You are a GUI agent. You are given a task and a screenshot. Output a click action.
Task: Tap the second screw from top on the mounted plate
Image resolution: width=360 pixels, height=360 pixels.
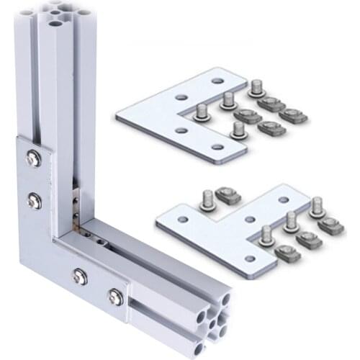pos(34,202)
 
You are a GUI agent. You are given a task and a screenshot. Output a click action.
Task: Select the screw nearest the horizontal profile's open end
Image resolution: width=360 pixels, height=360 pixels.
pos(115,295)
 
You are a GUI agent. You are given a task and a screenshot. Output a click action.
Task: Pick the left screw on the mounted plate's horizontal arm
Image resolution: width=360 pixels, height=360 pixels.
pos(79,275)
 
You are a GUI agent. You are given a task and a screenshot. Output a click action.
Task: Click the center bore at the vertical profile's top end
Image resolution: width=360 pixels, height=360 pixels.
pos(55,23)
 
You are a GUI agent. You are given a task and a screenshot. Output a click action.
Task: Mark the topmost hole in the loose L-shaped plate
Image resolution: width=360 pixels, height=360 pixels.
pos(216,81)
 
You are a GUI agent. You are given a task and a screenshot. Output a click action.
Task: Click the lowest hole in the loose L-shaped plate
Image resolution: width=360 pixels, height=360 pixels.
pos(217,147)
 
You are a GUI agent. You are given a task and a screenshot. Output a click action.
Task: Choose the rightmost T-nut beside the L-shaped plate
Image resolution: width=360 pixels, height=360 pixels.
pos(293,114)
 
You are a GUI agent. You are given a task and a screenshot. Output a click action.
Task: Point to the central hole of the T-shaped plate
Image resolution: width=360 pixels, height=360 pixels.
pos(248,219)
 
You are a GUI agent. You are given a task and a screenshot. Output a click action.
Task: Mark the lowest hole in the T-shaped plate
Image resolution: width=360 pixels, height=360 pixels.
pos(249,258)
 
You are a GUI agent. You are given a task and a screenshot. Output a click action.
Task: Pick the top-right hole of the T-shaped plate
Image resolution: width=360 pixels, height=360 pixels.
pos(284,199)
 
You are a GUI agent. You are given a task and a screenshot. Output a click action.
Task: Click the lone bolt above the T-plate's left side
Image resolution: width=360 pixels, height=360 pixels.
pos(207,199)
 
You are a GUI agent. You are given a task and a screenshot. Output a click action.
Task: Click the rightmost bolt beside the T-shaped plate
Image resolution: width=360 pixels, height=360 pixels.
pos(317,206)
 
